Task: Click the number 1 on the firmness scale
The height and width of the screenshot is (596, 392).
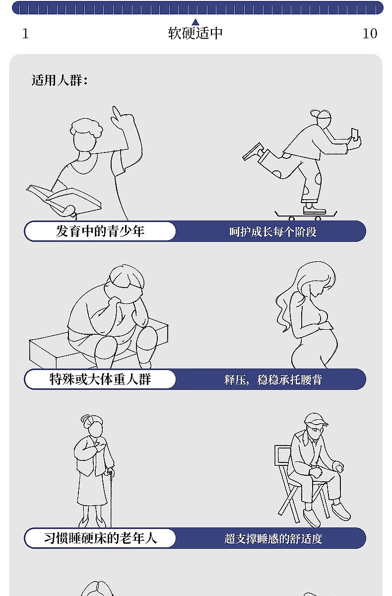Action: coord(25,34)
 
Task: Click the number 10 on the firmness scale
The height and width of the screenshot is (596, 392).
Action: coord(370,34)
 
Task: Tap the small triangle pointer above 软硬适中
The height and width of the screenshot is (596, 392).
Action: coord(196,22)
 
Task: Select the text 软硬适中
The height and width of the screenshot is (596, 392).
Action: coord(196,33)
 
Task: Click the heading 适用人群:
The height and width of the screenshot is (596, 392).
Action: coord(60,80)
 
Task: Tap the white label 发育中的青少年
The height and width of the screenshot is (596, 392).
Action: coord(100,231)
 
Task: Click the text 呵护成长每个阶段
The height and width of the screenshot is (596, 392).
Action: coord(273,232)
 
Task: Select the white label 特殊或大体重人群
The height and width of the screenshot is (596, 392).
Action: coord(100,379)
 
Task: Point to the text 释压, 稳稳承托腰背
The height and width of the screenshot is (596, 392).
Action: coord(273,379)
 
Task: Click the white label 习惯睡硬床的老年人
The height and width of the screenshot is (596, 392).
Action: coord(100,538)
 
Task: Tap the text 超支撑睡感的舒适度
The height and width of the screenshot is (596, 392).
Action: coord(273,538)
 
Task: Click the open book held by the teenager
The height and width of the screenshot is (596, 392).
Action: coord(64,199)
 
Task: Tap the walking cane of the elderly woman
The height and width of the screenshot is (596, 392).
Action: coord(110,498)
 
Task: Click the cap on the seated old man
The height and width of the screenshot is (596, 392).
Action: coord(316,419)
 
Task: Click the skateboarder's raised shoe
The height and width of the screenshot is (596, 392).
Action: coord(253,152)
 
